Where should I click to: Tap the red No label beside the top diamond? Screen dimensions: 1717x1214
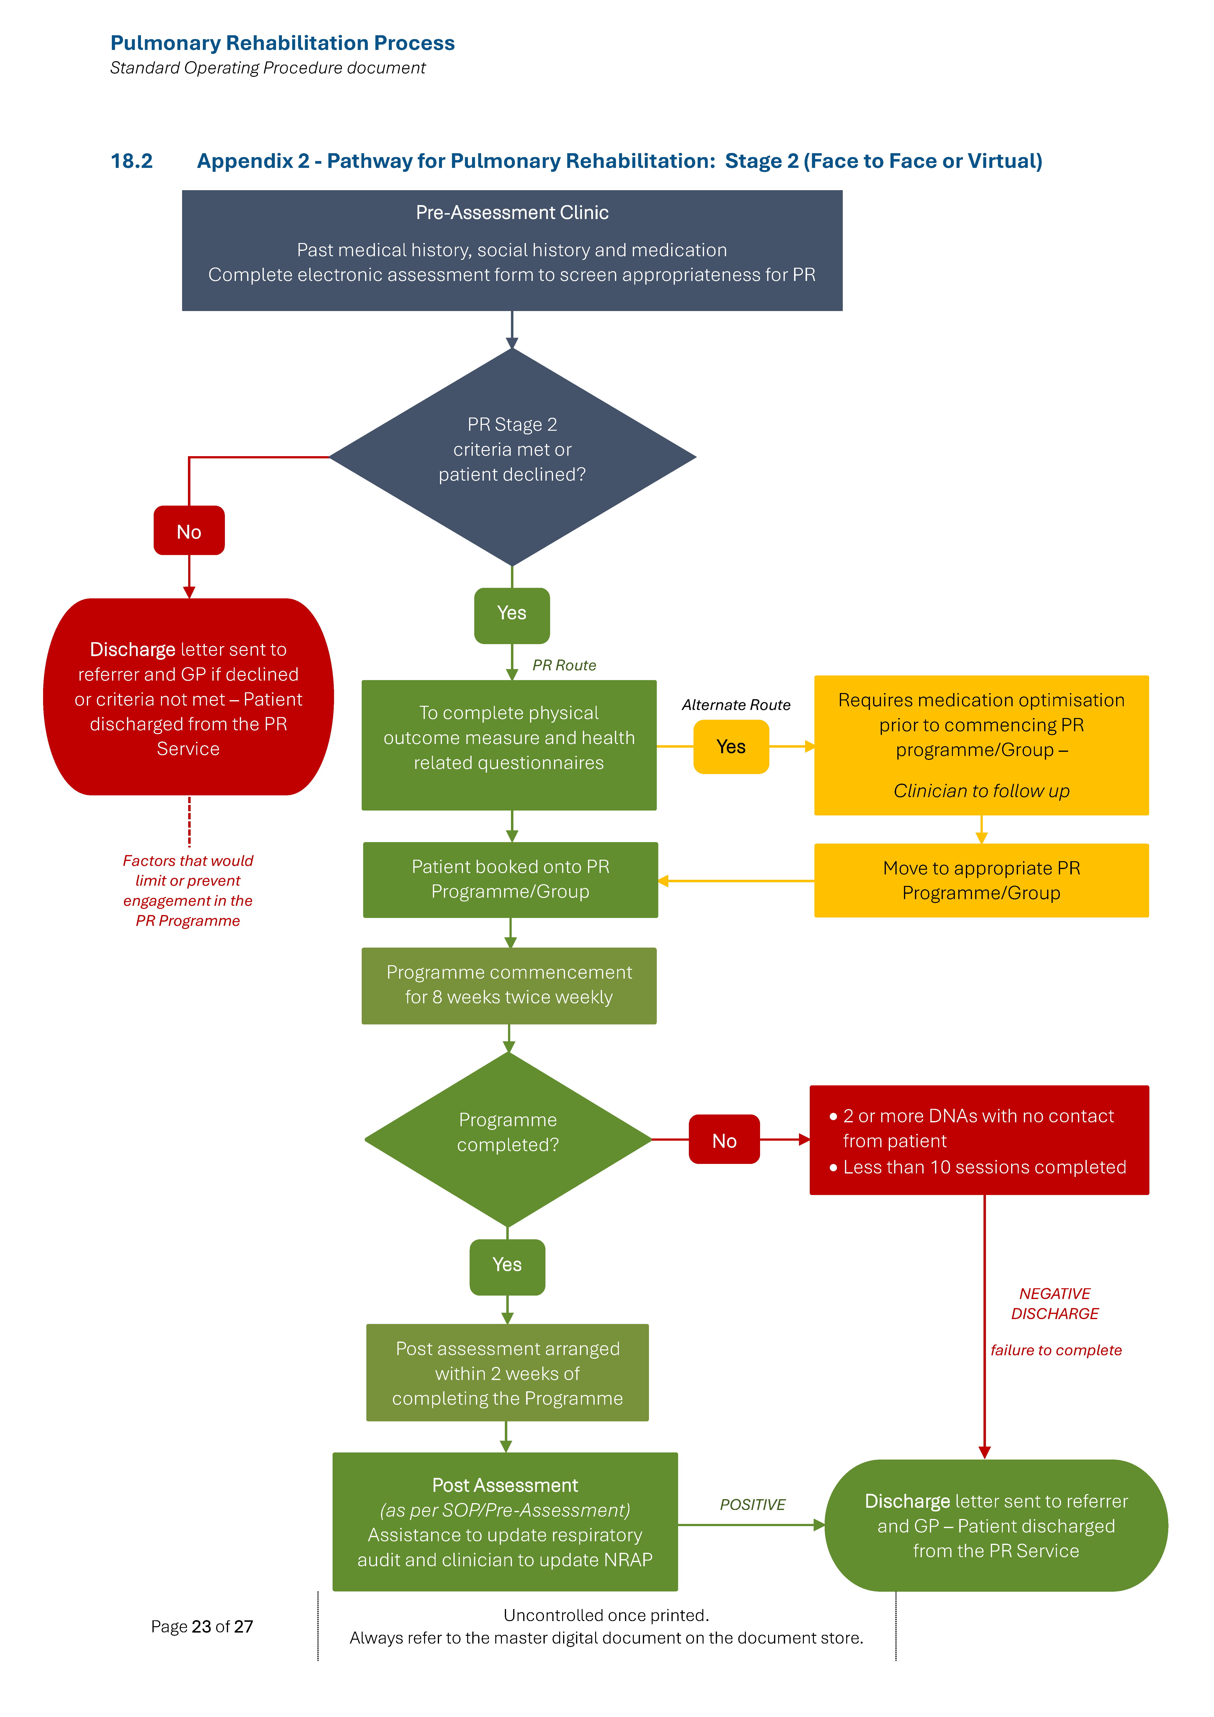(x=188, y=531)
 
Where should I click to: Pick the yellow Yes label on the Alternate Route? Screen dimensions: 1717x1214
(x=731, y=746)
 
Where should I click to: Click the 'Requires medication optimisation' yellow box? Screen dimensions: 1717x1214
(x=981, y=745)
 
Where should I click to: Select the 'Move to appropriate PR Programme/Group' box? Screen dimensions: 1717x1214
(x=981, y=880)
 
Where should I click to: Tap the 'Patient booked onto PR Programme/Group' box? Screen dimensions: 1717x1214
(x=510, y=880)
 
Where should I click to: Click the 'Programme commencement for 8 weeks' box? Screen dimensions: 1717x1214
(x=509, y=985)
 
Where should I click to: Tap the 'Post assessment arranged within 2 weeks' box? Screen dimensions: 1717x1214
(x=507, y=1373)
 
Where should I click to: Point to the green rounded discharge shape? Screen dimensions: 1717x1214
(x=995, y=1526)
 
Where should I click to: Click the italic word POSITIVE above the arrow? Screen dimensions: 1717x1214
(x=752, y=1505)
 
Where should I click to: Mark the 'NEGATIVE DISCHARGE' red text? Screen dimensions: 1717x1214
(x=1055, y=1303)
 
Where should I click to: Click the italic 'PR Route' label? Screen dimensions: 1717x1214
(x=564, y=665)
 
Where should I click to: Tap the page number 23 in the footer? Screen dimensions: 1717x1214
(x=201, y=1626)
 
